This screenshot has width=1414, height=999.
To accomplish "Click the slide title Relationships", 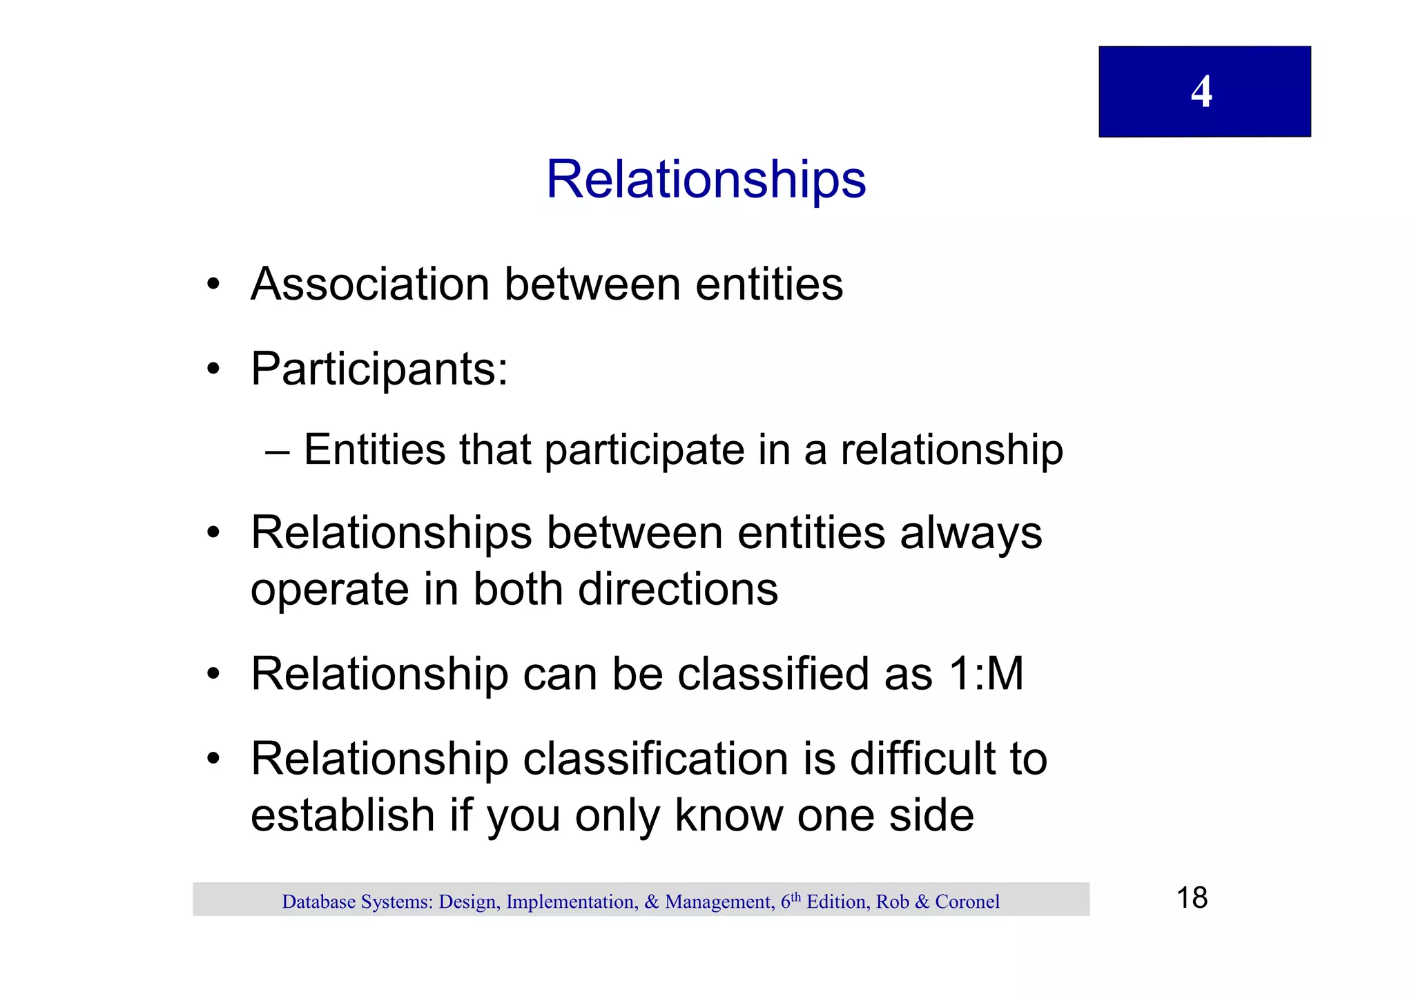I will pyautogui.click(x=706, y=180).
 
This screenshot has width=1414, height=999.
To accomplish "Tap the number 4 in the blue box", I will pyautogui.click(x=1201, y=92).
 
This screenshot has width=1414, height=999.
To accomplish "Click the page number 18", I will pyautogui.click(x=1192, y=898).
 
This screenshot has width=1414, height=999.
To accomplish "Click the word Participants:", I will pyautogui.click(x=379, y=369).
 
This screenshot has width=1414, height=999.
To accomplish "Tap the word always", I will pyautogui.click(x=971, y=534).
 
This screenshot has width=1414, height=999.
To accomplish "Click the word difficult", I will pyautogui.click(x=922, y=759).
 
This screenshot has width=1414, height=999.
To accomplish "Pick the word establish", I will pyautogui.click(x=342, y=815).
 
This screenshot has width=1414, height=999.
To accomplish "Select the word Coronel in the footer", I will pyautogui.click(x=967, y=902).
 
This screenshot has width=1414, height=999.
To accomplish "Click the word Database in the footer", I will pyautogui.click(x=318, y=902).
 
